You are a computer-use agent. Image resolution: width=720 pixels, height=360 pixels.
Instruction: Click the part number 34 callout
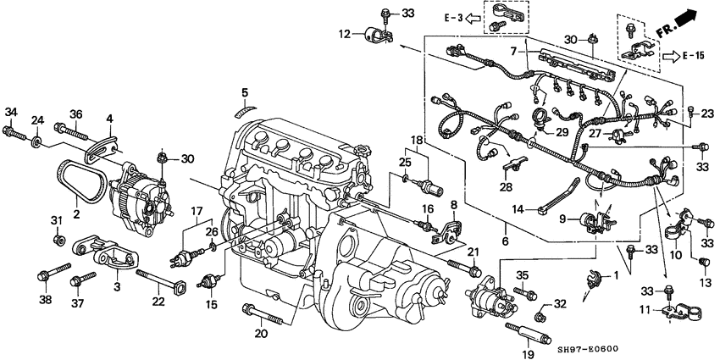point(11,112)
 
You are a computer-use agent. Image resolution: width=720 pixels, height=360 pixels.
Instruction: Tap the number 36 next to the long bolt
point(75,114)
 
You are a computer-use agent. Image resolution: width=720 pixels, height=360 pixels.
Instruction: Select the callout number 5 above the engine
point(244,91)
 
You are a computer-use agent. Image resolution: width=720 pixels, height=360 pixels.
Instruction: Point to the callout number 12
point(344,34)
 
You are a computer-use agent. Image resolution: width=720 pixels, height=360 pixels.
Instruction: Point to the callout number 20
point(261,333)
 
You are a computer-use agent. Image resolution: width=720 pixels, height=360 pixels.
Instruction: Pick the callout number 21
point(473,251)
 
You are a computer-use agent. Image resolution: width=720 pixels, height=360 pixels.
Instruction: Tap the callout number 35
point(522,274)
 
